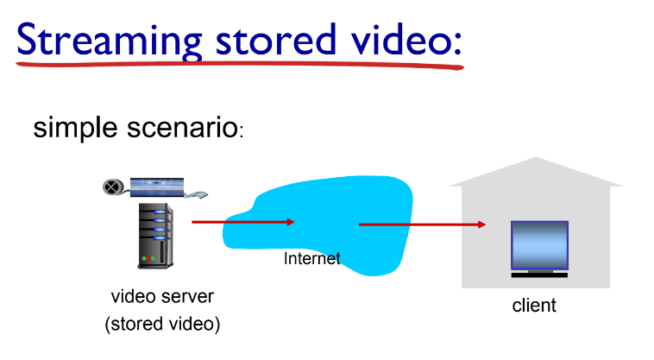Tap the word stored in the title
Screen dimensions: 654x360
tap(273, 38)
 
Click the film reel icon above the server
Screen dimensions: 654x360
tap(112, 186)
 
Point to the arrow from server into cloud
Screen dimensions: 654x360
tap(242, 222)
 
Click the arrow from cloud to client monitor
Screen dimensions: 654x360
tap(422, 224)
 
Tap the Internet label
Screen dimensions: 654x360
tap(312, 258)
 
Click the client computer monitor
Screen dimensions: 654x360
tap(538, 245)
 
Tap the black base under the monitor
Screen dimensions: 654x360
tap(538, 275)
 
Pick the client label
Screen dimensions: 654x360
tap(534, 305)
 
